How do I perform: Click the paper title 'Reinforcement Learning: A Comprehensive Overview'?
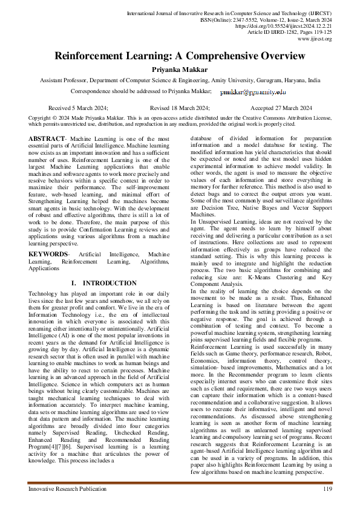180,56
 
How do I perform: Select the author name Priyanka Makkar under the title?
180,70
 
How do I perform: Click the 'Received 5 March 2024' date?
78,107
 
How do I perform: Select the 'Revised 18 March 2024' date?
180,107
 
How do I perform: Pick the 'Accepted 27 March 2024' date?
281,107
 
